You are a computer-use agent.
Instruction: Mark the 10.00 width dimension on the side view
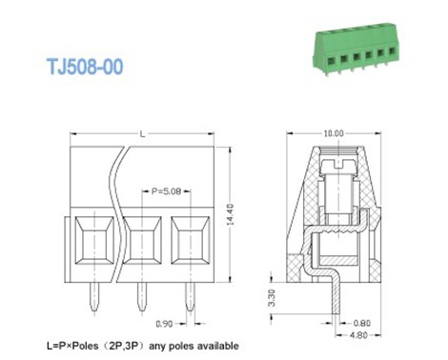[333, 134]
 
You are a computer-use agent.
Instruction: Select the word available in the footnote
[214, 346]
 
